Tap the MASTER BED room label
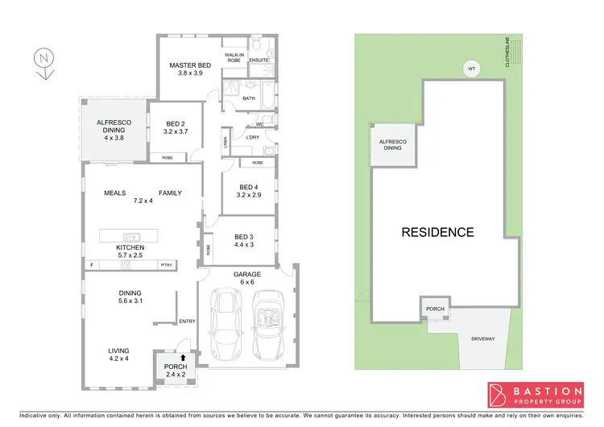pyautogui.click(x=189, y=66)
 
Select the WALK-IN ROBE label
pyautogui.click(x=235, y=56)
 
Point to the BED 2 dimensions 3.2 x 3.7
pyautogui.click(x=175, y=131)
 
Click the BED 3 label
pyautogui.click(x=243, y=236)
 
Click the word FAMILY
pyautogui.click(x=170, y=193)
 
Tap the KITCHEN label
pyautogui.click(x=130, y=247)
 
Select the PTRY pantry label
pyautogui.click(x=167, y=265)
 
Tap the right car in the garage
pyautogui.click(x=267, y=326)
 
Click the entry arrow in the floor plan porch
pyautogui.click(x=184, y=357)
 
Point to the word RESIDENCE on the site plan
pyautogui.click(x=438, y=232)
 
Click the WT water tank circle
pyautogui.click(x=472, y=70)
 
